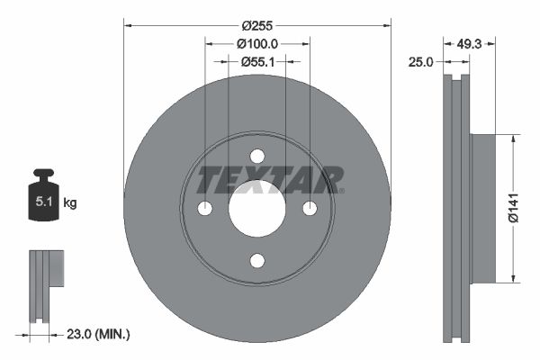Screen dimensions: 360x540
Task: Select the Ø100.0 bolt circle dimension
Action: pyautogui.click(x=257, y=43)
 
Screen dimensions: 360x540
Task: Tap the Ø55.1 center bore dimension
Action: pyautogui.click(x=257, y=61)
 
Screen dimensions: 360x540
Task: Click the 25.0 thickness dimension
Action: pyautogui.click(x=421, y=61)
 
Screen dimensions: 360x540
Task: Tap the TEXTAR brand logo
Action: pyautogui.click(x=270, y=180)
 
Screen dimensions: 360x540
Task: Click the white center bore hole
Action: pyautogui.click(x=257, y=209)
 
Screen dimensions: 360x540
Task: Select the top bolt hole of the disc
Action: pyautogui.click(x=257, y=156)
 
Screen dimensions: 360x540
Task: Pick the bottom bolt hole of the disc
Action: pyautogui.click(x=257, y=261)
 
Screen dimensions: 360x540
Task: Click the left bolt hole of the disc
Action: pyautogui.click(x=204, y=209)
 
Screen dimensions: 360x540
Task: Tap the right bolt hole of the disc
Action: pyautogui.click(x=310, y=209)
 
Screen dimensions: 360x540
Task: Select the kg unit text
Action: pyautogui.click(x=70, y=203)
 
